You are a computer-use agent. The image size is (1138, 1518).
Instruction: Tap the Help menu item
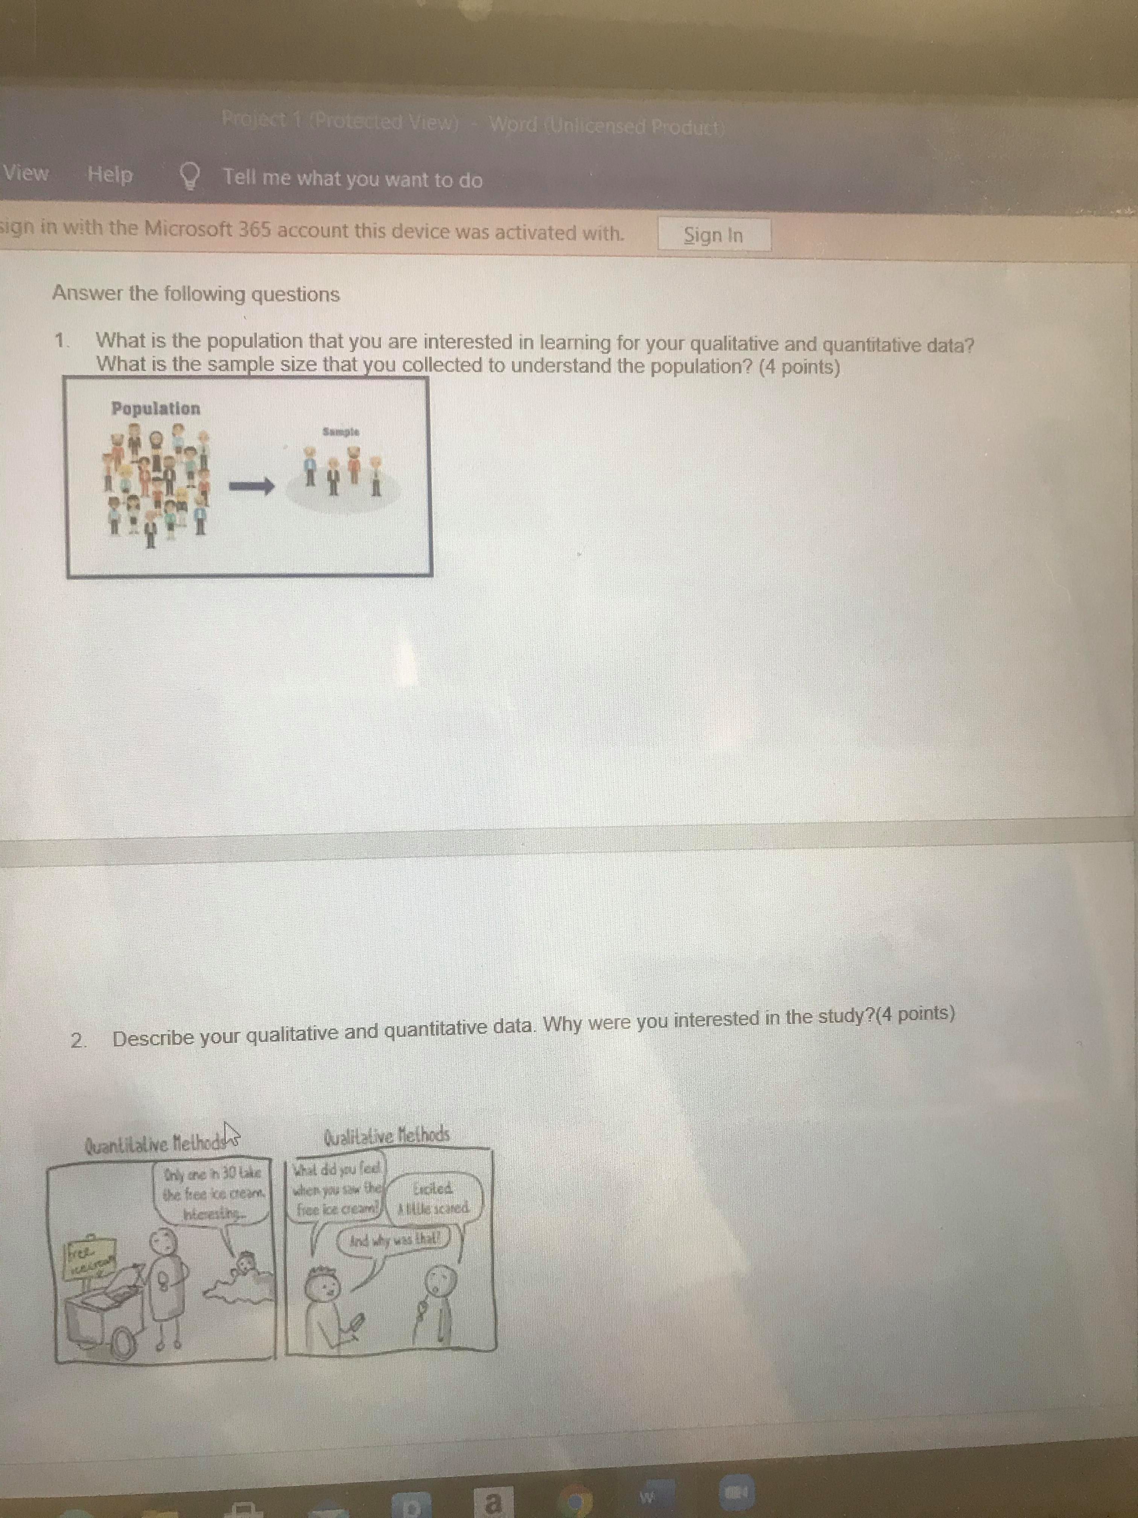tap(110, 175)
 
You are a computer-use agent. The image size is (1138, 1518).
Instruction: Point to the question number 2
tap(79, 1040)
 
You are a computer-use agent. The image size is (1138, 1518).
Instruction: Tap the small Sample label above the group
tap(341, 432)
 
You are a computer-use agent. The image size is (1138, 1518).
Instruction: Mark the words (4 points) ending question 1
tap(799, 367)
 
